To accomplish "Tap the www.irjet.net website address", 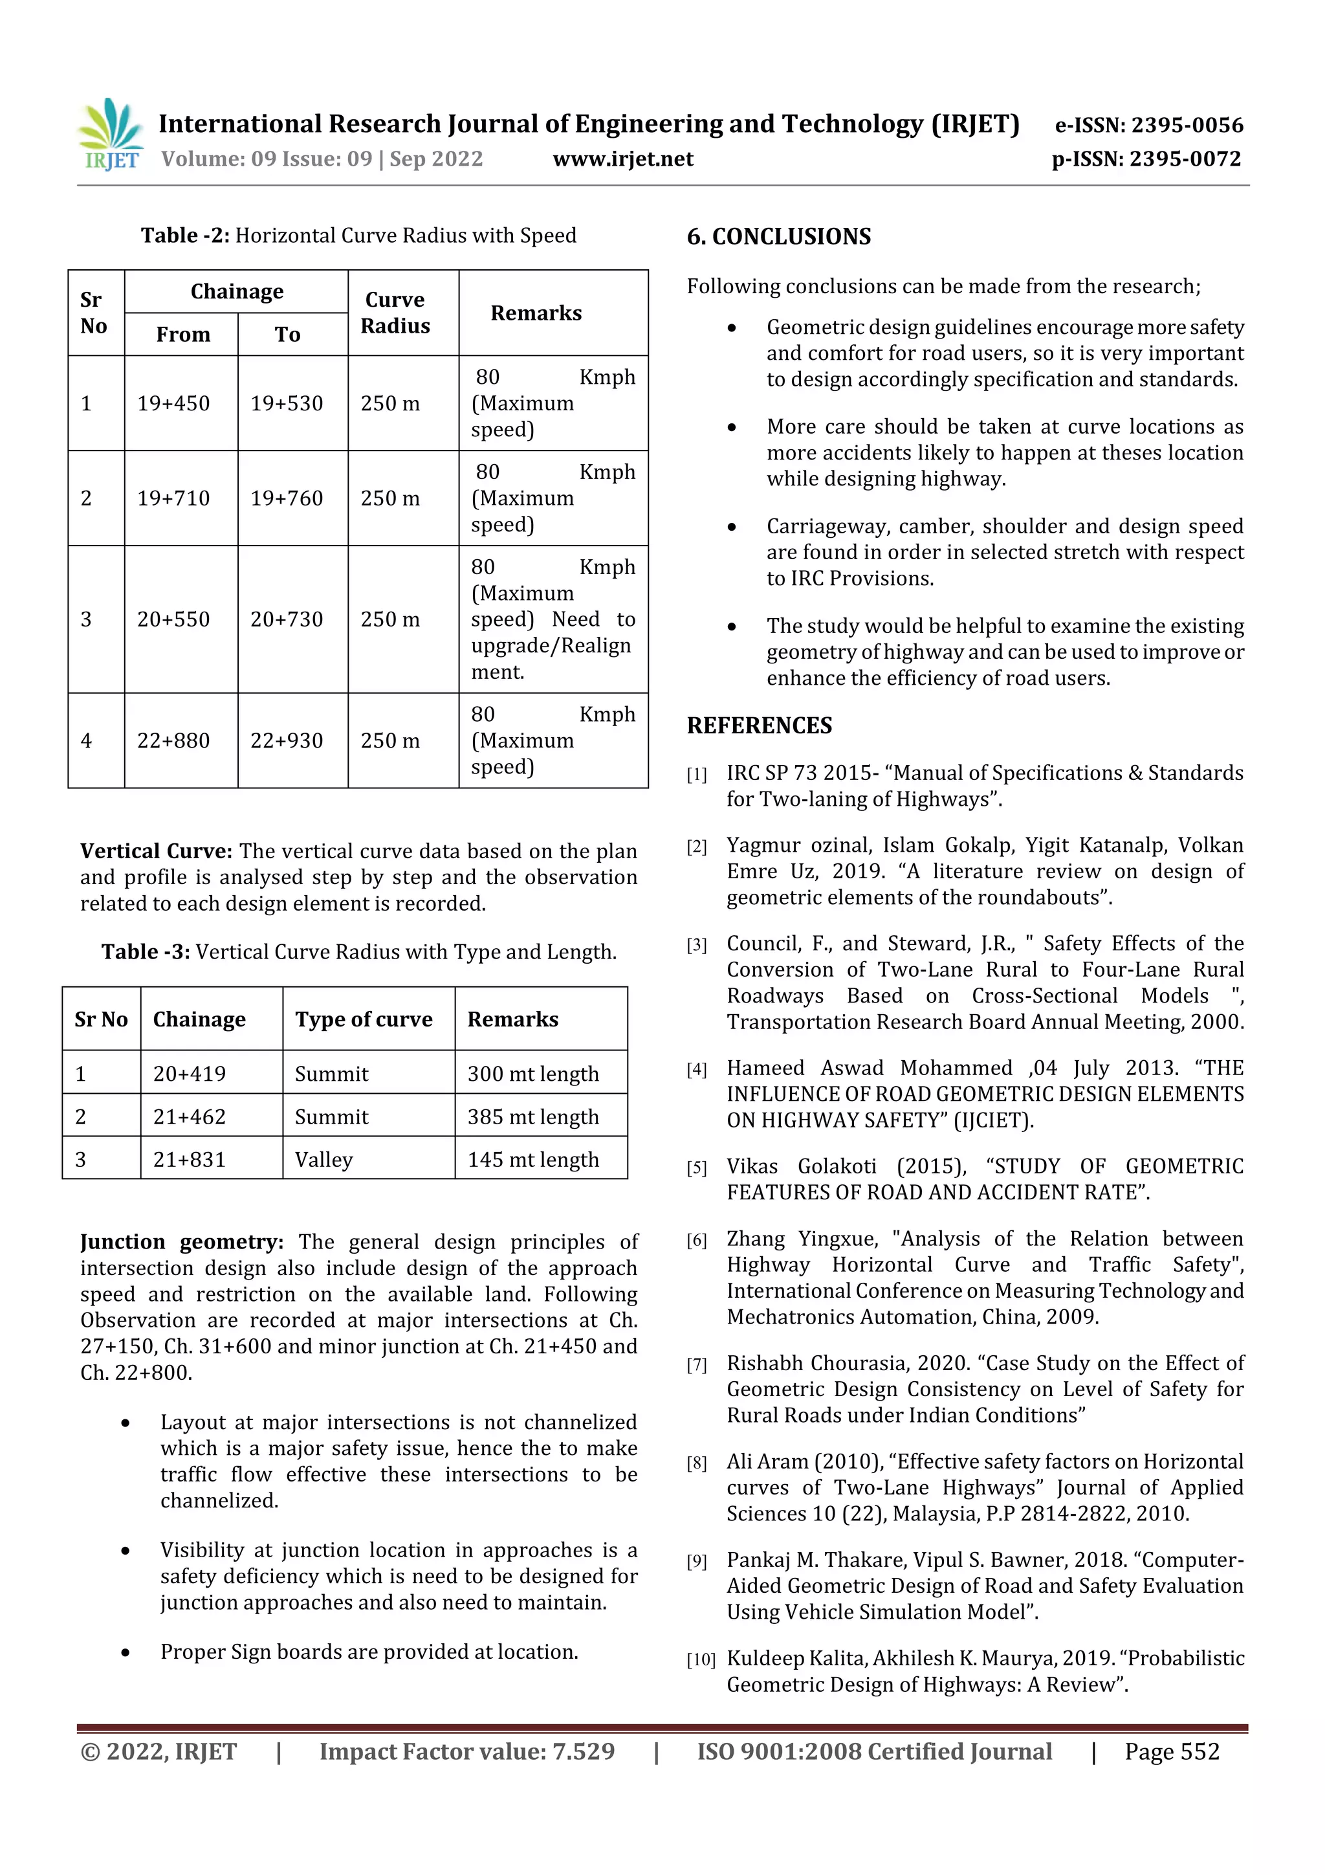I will click(x=623, y=159).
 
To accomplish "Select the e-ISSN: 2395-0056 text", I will click(x=1148, y=125).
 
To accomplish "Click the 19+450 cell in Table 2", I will click(x=173, y=403).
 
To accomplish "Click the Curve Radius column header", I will click(x=395, y=313).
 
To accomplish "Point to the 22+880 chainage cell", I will click(x=173, y=740).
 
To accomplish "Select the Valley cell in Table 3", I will click(x=324, y=1160).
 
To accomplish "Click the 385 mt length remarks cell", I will click(x=533, y=1116).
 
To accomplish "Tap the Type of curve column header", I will click(x=364, y=1019).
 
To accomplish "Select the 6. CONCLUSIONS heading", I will click(x=779, y=237).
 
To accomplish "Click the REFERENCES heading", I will click(x=760, y=725).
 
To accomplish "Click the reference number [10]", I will click(x=701, y=1660).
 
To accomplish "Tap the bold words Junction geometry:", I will click(x=181, y=1242).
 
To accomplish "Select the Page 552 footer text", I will click(x=1172, y=1751).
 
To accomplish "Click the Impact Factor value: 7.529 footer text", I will click(x=467, y=1751).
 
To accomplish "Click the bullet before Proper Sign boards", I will click(x=126, y=1653).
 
